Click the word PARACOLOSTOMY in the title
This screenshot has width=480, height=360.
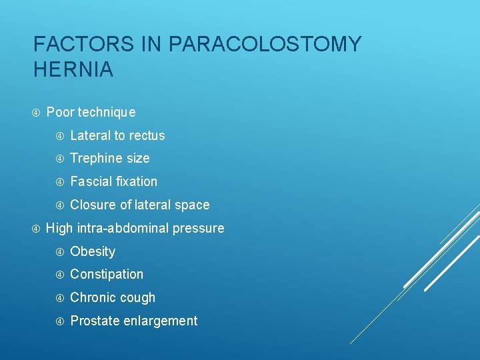265,45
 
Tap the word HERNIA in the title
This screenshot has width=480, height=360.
73,69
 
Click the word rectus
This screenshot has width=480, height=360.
147,135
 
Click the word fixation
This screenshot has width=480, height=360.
137,181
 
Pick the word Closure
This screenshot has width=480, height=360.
92,205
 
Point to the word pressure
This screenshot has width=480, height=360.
199,229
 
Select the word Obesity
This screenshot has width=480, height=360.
93,251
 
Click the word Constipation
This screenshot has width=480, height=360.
107,275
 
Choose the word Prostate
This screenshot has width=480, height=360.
93,321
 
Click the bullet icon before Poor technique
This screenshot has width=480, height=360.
36,112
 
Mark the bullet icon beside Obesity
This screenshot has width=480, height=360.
60,251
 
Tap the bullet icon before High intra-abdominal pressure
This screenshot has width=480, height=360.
36,228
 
